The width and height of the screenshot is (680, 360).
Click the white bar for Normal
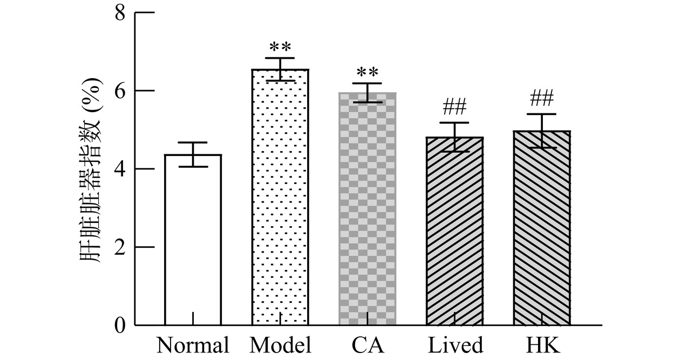pyautogui.click(x=193, y=240)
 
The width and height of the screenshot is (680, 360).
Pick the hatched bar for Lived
pyautogui.click(x=454, y=232)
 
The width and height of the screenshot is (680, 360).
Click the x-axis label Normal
pyautogui.click(x=193, y=345)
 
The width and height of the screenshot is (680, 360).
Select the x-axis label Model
pyautogui.click(x=280, y=345)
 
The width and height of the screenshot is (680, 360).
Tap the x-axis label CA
pyautogui.click(x=368, y=345)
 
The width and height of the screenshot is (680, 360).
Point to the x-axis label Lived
pyautogui.click(x=455, y=345)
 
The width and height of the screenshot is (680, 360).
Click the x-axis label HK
pyautogui.click(x=542, y=345)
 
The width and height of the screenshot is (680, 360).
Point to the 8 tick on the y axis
pyautogui.click(x=120, y=12)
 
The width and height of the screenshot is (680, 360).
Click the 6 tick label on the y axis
pyautogui.click(x=120, y=91)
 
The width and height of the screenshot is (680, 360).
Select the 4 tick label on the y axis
pyautogui.click(x=120, y=169)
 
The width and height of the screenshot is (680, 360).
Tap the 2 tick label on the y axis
pyautogui.click(x=120, y=247)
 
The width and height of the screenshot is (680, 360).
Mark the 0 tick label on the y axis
pyautogui.click(x=120, y=325)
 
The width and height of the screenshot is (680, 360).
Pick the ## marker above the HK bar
pyautogui.click(x=542, y=98)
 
